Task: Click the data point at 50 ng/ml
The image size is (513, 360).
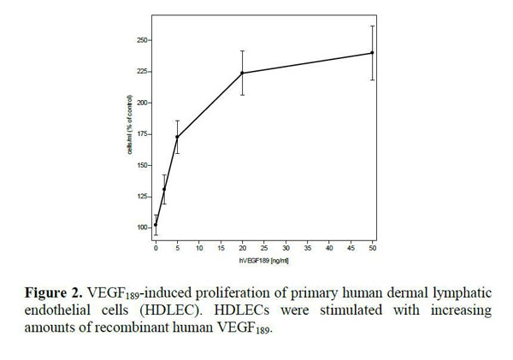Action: (x=372, y=53)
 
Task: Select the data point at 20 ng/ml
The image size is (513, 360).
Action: (x=242, y=73)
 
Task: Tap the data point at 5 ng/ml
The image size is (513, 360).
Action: (x=177, y=137)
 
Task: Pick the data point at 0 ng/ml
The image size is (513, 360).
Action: (x=156, y=225)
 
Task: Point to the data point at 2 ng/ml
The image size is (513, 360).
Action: (x=164, y=189)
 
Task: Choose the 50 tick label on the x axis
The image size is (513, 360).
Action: (x=372, y=248)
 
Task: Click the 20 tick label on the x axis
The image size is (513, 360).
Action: (x=242, y=248)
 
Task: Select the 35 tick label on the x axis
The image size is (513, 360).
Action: (x=307, y=248)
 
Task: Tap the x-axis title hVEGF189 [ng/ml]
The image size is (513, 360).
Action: (x=262, y=257)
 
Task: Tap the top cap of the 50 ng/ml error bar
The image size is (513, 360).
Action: (x=372, y=26)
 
